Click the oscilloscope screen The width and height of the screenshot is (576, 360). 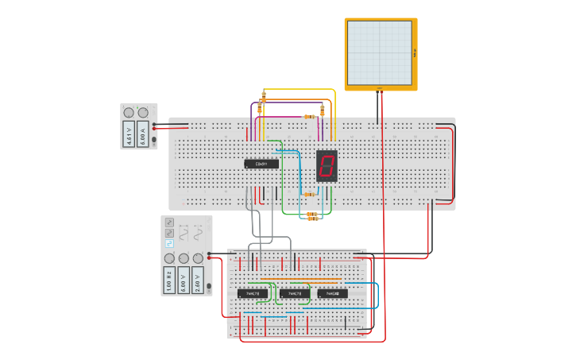[x=379, y=53]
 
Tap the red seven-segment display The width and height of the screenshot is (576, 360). [x=327, y=165]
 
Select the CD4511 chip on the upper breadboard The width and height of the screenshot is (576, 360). [x=261, y=164]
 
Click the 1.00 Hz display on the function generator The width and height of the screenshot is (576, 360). [x=169, y=279]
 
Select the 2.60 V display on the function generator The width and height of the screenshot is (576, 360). [x=198, y=279]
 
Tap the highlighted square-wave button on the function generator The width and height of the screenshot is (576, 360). [x=169, y=243]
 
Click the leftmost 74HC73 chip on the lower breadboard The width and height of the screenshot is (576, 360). [x=252, y=293]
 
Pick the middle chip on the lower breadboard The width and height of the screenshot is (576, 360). [x=294, y=293]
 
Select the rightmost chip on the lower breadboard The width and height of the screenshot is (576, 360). [x=332, y=293]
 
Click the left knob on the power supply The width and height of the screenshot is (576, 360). [x=129, y=113]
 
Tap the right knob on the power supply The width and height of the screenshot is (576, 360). [x=143, y=113]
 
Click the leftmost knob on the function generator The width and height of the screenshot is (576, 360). [x=169, y=258]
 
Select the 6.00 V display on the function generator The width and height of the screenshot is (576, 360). [x=184, y=279]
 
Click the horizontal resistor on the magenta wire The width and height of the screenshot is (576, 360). [x=310, y=117]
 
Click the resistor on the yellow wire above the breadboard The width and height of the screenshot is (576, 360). [x=264, y=95]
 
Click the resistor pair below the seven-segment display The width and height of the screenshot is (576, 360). [x=312, y=215]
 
